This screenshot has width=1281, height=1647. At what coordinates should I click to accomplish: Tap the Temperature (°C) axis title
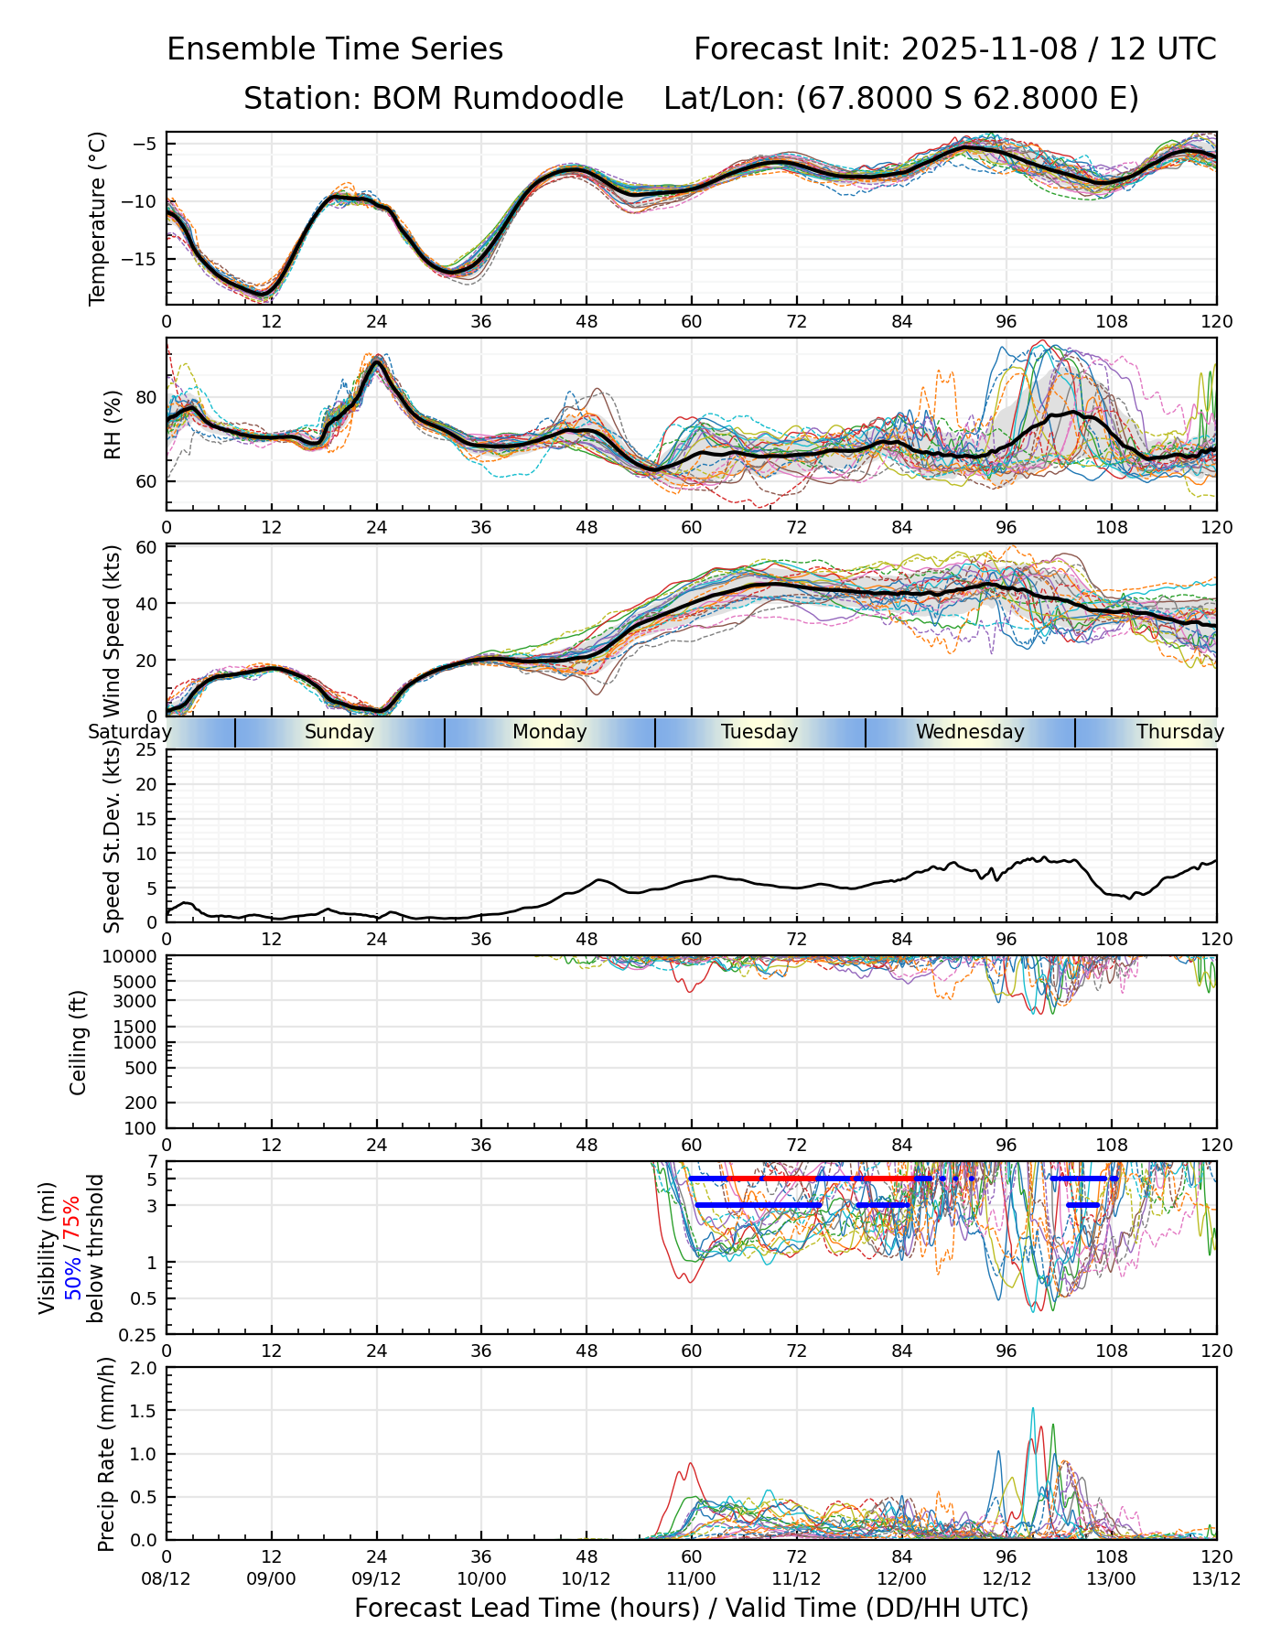98,218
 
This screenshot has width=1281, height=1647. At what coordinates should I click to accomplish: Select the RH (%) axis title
113,425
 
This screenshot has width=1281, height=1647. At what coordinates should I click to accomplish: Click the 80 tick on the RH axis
146,398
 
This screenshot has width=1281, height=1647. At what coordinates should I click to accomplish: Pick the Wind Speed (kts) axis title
113,630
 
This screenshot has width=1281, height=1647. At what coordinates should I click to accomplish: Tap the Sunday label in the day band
339,732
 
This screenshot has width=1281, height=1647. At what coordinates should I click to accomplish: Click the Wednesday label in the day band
970,732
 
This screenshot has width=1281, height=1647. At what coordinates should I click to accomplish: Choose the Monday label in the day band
549,732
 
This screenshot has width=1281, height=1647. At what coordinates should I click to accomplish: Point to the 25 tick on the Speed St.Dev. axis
146,750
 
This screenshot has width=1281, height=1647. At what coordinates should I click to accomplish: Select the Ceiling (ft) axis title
79,1042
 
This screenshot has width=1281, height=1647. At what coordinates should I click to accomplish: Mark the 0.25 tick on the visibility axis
140,1334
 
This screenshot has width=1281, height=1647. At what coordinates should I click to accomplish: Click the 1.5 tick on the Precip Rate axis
145,1411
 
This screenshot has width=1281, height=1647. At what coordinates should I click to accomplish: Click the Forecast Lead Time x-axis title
692,1608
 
